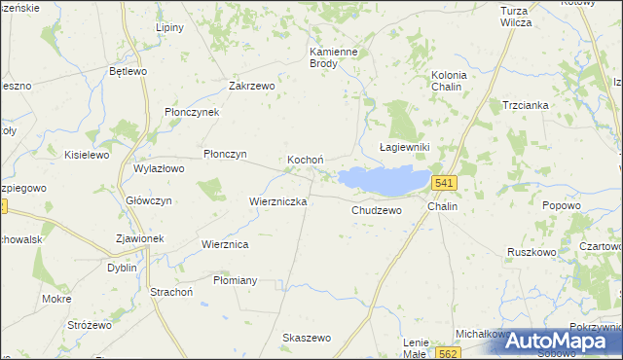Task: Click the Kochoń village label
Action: [305, 160]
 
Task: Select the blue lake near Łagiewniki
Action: [385, 180]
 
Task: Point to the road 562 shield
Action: [447, 353]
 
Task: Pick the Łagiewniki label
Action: [404, 146]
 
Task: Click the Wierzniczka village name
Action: [278, 201]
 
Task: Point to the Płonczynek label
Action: [192, 112]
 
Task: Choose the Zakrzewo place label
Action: [252, 86]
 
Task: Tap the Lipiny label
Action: [169, 27]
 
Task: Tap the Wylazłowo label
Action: [159, 168]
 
